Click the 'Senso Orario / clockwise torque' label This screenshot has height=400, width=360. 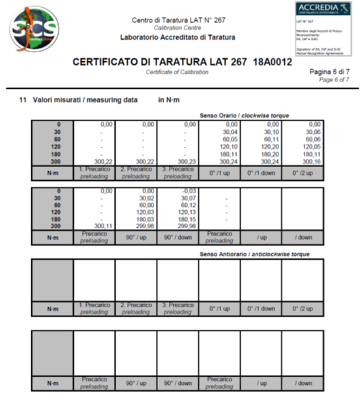244,115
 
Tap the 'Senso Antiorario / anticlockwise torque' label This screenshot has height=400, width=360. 254,253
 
